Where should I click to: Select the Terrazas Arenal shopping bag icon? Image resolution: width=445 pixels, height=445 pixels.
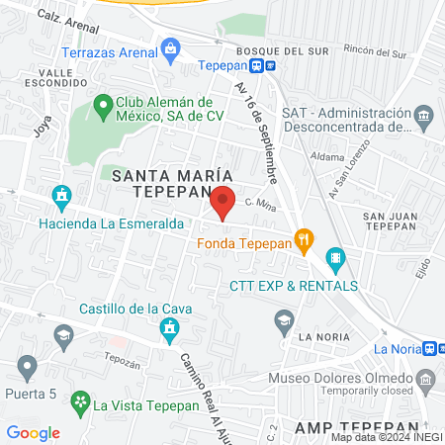[170, 46]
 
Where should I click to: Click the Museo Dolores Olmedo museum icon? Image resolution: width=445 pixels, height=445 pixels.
[425, 379]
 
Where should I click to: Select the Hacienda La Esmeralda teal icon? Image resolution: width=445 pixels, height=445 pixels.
[63, 195]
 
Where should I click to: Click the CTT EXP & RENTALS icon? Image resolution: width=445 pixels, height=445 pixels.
[335, 259]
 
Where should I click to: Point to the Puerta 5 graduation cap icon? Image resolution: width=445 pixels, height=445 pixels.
[27, 367]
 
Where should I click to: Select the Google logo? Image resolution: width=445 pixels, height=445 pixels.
[33, 432]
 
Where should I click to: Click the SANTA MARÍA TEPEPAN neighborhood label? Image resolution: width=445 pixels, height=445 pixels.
[161, 183]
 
